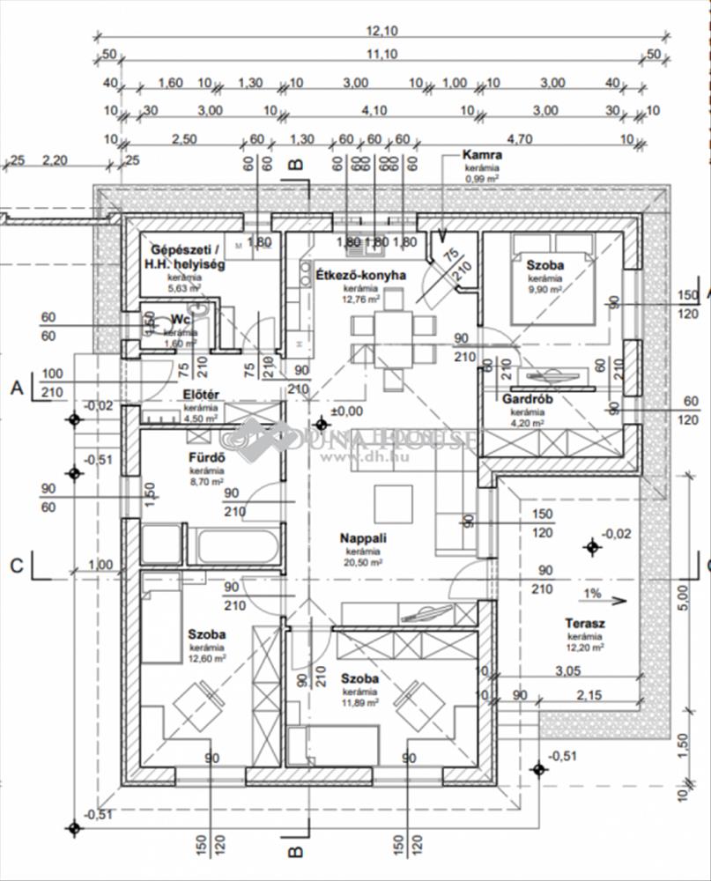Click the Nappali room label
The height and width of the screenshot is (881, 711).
[x=365, y=538]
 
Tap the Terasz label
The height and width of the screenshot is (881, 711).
[x=583, y=624]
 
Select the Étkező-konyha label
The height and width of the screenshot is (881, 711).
[x=360, y=275]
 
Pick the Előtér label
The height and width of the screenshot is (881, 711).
[x=201, y=394]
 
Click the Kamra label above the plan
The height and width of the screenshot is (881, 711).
[x=482, y=155]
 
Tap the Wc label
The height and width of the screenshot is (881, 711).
[x=182, y=318]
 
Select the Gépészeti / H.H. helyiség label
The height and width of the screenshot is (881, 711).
[x=186, y=255]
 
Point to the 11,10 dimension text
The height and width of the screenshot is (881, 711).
[x=381, y=55]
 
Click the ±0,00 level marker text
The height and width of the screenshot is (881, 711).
[x=345, y=411]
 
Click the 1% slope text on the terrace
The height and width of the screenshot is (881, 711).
[x=591, y=594]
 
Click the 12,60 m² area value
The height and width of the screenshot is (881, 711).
[x=207, y=657]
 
